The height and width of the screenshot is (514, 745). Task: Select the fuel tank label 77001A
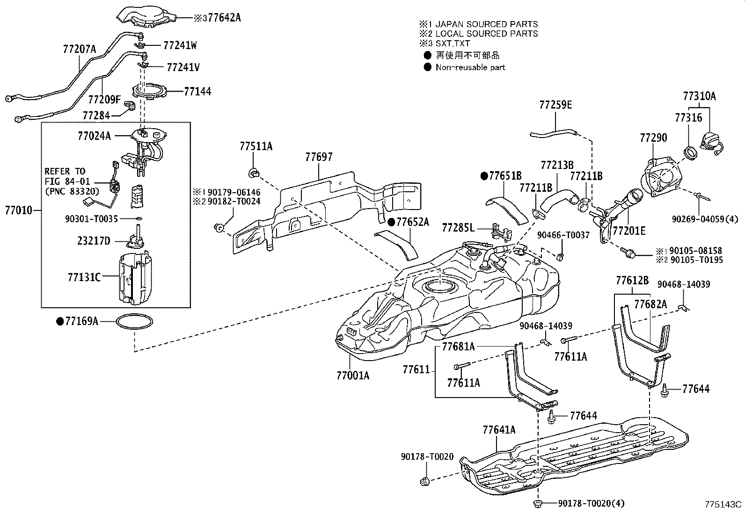pos(352,375)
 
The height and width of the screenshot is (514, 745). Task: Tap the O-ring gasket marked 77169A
pos(134,322)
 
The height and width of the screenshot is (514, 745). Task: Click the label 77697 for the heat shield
pos(319,157)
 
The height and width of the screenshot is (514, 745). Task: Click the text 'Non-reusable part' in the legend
pos(470,67)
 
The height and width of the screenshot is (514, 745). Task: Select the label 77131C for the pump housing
pos(84,277)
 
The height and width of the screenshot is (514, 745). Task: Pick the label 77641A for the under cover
pos(499,429)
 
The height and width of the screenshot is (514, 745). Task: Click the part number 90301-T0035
pos(91,218)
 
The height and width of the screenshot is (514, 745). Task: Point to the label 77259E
pos(555,105)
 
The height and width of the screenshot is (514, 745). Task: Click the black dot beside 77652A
pos(391,222)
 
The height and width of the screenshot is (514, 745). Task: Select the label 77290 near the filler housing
pos(653,138)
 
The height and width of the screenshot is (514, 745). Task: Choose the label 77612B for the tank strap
pos(632,280)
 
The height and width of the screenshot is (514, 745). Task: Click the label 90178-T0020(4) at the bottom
pos(592,503)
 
